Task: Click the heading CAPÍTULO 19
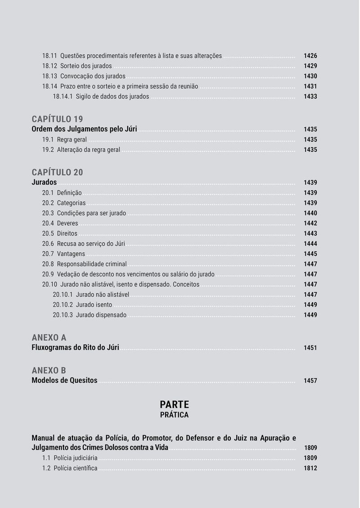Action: click(x=57, y=119)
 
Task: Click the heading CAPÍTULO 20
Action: click(x=57, y=172)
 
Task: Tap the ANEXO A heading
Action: click(x=49, y=337)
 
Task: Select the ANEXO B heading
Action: click(x=49, y=370)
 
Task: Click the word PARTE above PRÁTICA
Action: click(x=174, y=404)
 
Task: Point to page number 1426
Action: click(x=310, y=56)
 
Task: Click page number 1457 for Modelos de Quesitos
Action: click(x=310, y=381)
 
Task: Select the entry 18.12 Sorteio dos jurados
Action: click(x=77, y=66)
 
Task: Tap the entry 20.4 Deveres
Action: click(x=60, y=223)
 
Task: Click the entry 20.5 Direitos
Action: click(x=60, y=233)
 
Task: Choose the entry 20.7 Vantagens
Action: click(x=63, y=254)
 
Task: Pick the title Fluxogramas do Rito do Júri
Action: click(x=75, y=348)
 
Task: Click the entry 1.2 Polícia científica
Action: click(x=70, y=468)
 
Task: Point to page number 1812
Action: click(x=310, y=468)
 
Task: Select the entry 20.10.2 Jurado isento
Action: click(x=82, y=305)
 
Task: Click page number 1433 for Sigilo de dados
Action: click(x=310, y=96)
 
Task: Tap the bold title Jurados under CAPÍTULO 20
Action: click(x=44, y=182)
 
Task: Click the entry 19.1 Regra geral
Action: click(x=64, y=140)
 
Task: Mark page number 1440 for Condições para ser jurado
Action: click(x=310, y=213)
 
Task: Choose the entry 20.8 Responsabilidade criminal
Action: click(x=84, y=264)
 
